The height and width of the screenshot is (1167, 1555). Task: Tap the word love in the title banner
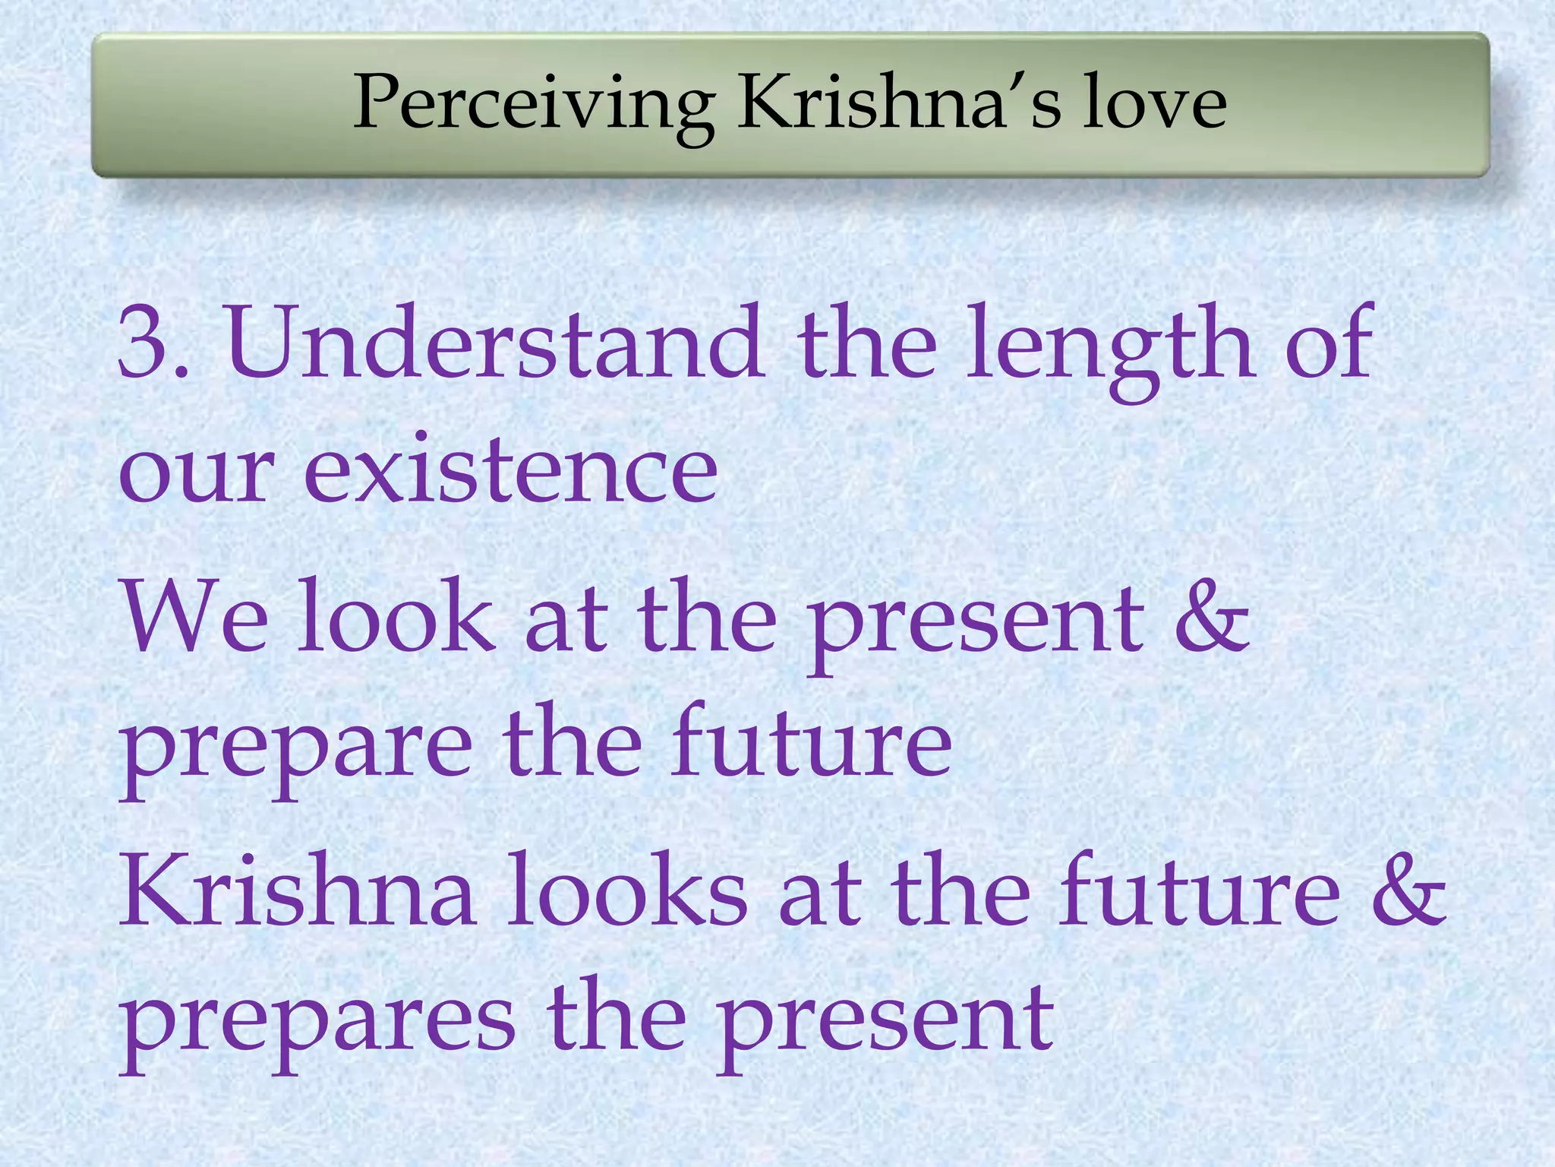1153,103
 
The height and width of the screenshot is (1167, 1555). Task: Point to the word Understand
494,342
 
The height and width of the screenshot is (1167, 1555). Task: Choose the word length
1109,346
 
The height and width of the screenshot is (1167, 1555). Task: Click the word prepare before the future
296,748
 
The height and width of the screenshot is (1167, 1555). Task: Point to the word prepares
318,1022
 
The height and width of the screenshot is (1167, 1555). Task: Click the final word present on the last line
885,1022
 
